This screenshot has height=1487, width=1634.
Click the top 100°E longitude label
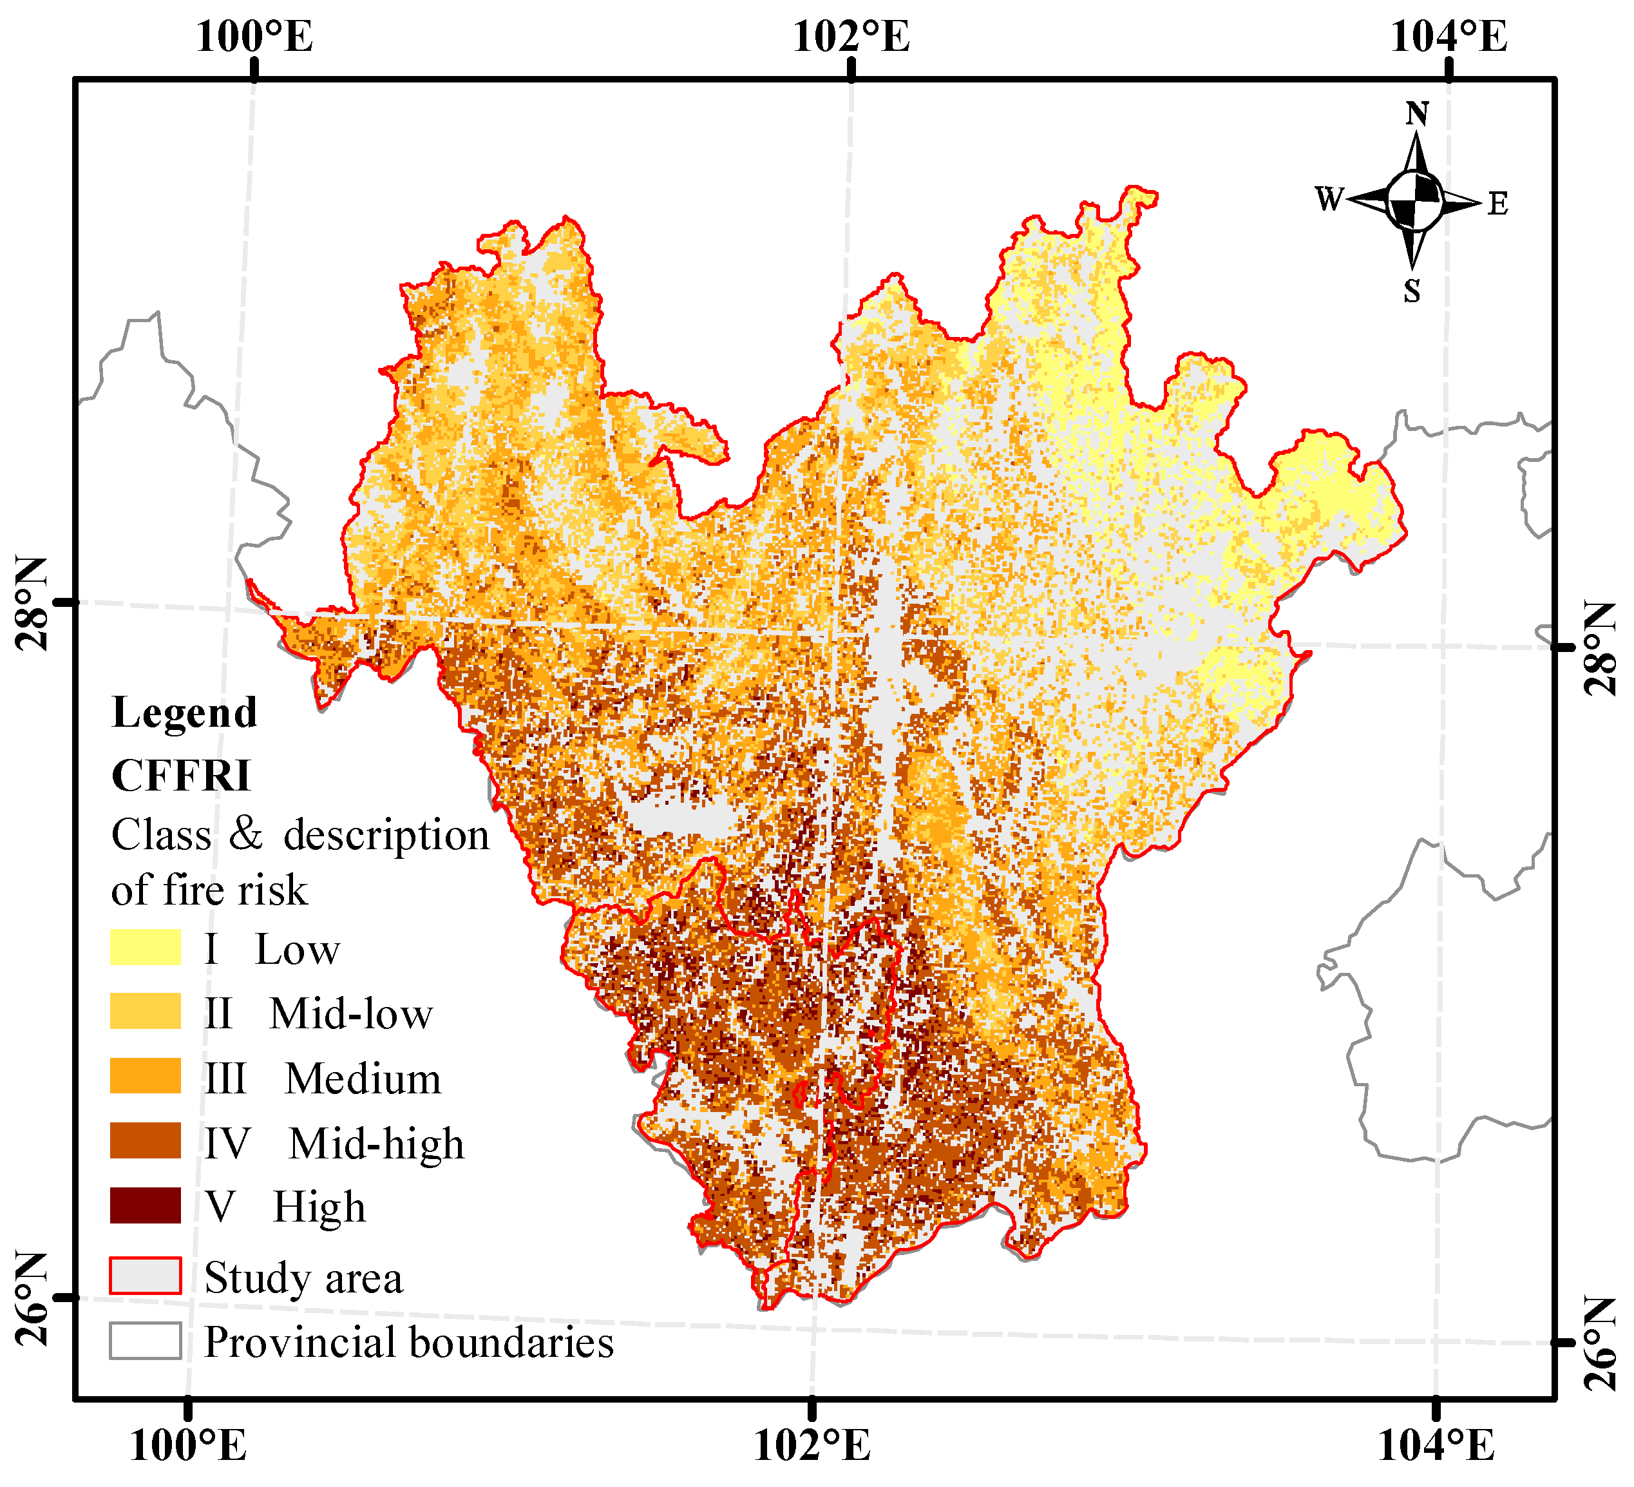(254, 37)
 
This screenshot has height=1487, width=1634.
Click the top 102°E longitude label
(851, 37)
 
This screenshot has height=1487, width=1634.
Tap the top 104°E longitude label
(1449, 37)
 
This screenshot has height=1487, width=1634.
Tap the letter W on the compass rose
(1329, 198)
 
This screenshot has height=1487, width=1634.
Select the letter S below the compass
(1412, 291)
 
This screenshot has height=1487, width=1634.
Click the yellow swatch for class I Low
(146, 947)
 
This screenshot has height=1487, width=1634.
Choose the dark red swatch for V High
(146, 1205)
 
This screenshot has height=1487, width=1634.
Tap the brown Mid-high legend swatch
(146, 1141)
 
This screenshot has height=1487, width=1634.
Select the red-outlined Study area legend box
(146, 1276)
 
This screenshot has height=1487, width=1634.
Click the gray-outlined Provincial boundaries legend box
(146, 1341)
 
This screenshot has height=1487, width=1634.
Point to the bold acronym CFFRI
(181, 776)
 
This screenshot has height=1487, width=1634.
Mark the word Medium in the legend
(363, 1079)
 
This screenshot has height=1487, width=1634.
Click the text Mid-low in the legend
(351, 1014)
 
